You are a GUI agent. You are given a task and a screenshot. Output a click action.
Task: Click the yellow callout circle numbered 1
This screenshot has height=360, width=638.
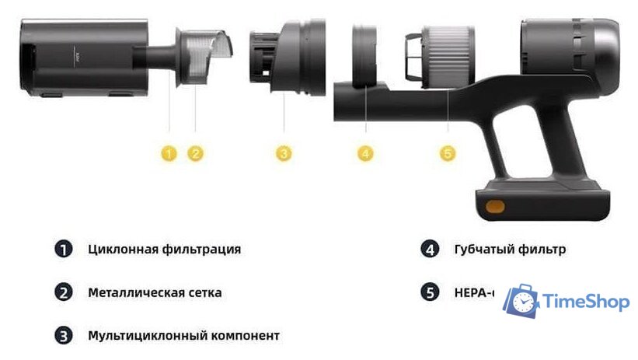pos(169,153)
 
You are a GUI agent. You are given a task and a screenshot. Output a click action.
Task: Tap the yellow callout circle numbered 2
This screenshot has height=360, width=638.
pos(196,153)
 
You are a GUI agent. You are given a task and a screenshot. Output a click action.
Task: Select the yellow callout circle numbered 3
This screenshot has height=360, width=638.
pos(284,153)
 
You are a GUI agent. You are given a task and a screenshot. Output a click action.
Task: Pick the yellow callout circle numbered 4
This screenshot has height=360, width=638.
pos(366,153)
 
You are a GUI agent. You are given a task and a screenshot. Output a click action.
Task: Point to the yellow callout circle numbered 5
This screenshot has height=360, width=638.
pos(447,153)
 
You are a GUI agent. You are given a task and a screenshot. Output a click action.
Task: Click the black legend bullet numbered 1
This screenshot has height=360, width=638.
pos(63,250)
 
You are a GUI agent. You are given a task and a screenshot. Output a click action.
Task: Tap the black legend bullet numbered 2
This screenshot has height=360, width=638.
pos(63,293)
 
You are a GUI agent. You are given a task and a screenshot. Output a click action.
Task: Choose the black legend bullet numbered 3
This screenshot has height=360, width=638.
pos(63,336)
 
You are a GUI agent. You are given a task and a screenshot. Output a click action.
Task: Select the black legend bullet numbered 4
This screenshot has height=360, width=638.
pos(430,250)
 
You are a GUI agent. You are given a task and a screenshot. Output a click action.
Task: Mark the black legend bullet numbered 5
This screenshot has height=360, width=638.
pos(430,293)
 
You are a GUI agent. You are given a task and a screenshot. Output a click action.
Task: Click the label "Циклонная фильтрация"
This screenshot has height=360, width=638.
pos(164,250)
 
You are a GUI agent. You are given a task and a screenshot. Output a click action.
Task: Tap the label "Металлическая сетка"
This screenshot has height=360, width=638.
pos(155,293)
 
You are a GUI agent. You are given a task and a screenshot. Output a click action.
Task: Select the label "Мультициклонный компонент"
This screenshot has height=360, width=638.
pos(183,336)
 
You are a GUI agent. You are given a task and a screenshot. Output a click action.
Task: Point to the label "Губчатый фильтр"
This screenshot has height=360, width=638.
pos(510,250)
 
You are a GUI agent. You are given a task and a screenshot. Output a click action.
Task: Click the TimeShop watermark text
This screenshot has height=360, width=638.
pos(586,302)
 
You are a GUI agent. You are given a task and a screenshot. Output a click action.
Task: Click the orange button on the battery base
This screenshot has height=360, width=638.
pos(494,208)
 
